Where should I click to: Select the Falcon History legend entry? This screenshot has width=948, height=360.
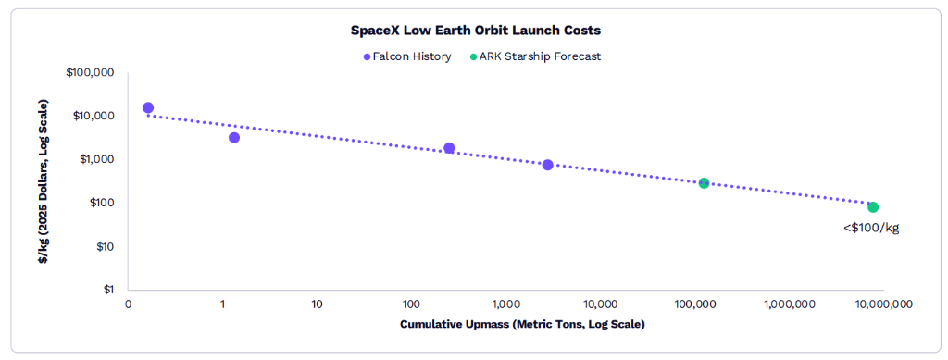tap(407, 56)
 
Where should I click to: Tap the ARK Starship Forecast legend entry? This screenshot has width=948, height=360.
tap(535, 56)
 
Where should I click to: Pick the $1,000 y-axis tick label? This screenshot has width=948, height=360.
tap(100, 159)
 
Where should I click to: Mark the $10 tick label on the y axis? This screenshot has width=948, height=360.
tap(107, 246)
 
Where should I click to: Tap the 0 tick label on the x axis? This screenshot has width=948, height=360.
tap(128, 304)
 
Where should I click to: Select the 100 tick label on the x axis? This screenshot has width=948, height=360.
tap(411, 304)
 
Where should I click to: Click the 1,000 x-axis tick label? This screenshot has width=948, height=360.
tap(506, 304)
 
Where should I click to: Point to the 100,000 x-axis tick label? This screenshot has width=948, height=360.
tap(694, 304)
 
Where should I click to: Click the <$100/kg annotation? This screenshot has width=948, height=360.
tap(871, 229)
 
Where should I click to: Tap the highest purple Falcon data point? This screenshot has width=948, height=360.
tap(147, 107)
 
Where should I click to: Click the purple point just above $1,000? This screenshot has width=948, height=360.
tap(449, 148)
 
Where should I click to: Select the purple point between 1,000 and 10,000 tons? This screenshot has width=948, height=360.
tap(548, 165)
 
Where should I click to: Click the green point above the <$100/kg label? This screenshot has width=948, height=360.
tap(873, 207)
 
